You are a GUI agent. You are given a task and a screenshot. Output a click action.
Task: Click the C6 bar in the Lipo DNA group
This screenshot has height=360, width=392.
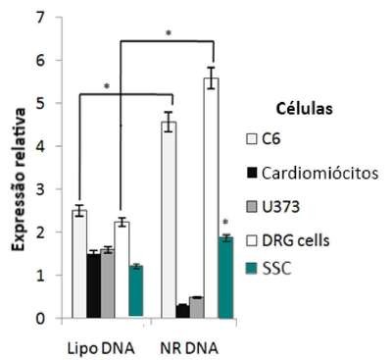tap(79, 264)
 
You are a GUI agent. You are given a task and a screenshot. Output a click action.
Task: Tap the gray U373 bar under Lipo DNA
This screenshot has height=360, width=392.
tap(108, 283)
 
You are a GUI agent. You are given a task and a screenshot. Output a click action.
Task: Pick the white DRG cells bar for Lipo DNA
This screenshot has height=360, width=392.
tap(122, 270)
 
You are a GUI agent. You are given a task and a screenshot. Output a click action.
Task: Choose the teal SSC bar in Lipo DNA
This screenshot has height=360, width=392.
tap(136, 291)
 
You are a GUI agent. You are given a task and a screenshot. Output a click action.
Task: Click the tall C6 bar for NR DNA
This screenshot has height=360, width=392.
tap(170, 220)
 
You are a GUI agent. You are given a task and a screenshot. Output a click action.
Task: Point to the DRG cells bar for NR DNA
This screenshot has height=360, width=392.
tap(212, 198)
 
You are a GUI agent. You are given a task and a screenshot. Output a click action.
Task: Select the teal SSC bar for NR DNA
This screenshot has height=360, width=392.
tap(225, 278)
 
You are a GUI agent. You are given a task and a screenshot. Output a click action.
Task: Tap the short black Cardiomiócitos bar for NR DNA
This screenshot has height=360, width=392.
tap(183, 311)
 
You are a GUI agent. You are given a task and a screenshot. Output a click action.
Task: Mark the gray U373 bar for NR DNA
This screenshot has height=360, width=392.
tap(197, 307)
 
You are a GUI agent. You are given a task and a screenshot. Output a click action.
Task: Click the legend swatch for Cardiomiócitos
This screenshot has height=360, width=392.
tap(252, 173)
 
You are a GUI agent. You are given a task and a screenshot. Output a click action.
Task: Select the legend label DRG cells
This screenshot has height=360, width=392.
tap(296, 240)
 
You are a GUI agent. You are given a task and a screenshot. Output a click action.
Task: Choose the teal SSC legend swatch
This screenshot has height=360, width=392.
tap(252, 269)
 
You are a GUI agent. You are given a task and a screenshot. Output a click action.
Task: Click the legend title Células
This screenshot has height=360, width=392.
tap(305, 109)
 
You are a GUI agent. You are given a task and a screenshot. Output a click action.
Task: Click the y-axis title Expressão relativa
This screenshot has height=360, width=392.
tap(19, 180)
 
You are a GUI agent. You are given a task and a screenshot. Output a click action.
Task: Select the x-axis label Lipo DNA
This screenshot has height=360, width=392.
tap(101, 348)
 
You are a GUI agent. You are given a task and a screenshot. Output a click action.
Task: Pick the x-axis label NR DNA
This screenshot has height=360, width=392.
tap(189, 348)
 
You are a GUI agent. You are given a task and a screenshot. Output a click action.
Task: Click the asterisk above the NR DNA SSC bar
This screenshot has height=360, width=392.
tap(225, 223)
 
